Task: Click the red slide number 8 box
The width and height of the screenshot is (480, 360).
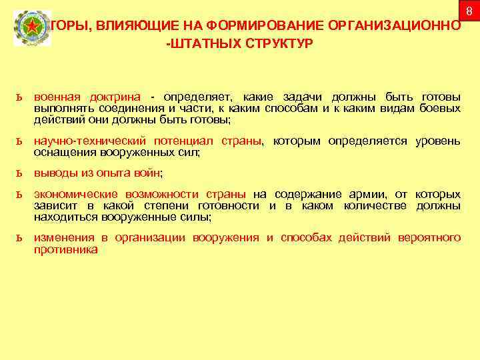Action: (469, 11)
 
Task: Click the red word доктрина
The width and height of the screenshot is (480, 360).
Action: (121, 98)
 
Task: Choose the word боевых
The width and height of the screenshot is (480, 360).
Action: (440, 109)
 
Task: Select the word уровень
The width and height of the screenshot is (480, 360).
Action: (437, 141)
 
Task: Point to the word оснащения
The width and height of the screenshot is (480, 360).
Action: (59, 152)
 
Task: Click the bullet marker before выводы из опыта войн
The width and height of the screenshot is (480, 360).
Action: (21, 173)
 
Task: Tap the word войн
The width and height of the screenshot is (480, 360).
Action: (147, 173)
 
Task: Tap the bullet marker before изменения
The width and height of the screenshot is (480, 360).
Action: (21, 238)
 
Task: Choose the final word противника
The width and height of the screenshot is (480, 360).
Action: (65, 249)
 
